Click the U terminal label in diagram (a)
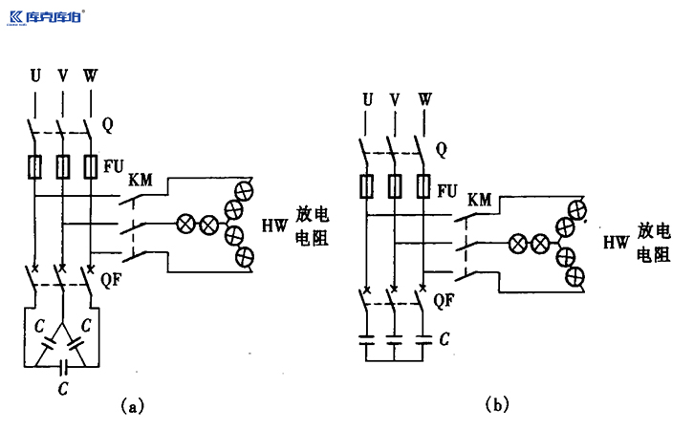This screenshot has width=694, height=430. (x=35, y=75)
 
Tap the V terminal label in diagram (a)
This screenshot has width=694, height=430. (x=62, y=75)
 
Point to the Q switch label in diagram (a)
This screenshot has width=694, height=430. (x=108, y=124)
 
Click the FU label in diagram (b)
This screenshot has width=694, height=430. (x=445, y=189)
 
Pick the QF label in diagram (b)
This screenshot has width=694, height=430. (x=443, y=300)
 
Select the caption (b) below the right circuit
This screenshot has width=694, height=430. (x=496, y=405)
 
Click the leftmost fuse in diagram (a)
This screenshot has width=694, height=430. (x=36, y=167)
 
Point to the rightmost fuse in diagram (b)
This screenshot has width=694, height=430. (x=420, y=185)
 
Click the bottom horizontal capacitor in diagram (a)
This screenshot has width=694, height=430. (x=62, y=365)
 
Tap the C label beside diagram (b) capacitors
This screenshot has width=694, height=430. (x=444, y=339)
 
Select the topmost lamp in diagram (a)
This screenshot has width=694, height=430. (x=244, y=185)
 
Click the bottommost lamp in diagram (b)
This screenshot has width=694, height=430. (x=575, y=276)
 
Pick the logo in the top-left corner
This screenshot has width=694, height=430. (x=46, y=16)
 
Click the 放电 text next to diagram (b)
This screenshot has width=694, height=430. (x=655, y=231)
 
